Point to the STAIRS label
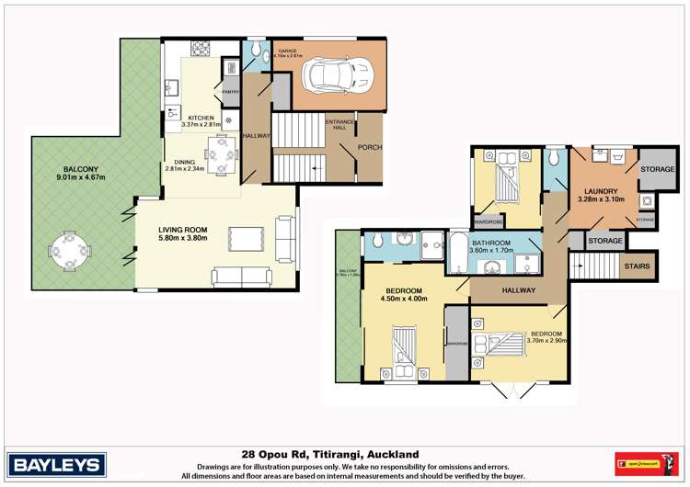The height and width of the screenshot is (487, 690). pos(637,266)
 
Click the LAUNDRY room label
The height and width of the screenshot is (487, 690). pos(601,188)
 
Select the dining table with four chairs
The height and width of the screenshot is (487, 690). pos(220,154)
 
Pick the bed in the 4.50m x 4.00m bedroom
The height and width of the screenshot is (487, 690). pos(405,353)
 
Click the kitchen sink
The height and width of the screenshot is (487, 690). pos(171,89)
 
